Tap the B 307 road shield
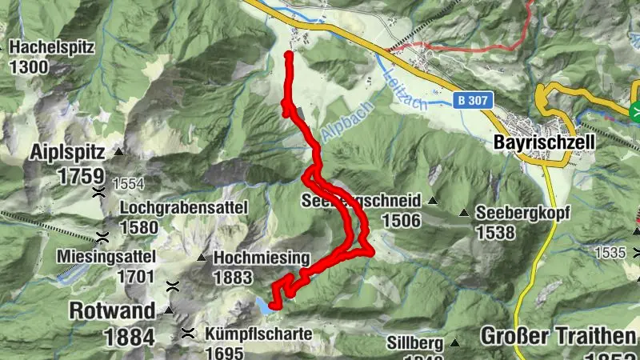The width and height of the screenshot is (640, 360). [x=475, y=102]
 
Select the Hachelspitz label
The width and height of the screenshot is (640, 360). [x=52, y=47]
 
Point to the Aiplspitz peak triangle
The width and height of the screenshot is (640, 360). [x=118, y=151]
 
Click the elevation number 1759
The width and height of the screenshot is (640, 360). [x=80, y=176]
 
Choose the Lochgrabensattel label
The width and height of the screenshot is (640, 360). [x=184, y=208]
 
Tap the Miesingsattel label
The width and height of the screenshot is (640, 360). [x=106, y=257]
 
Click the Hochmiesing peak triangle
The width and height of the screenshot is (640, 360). [x=201, y=258]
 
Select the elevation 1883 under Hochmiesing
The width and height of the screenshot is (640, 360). [x=233, y=278]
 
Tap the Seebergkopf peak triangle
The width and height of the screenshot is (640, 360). [x=463, y=213]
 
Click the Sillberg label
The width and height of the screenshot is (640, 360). [x=414, y=343]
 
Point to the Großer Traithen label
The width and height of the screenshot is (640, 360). [x=558, y=334]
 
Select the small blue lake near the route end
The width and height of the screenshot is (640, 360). [x=262, y=303]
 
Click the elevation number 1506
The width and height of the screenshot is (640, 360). [x=402, y=220]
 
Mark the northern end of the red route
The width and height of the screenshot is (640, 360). [x=288, y=54]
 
